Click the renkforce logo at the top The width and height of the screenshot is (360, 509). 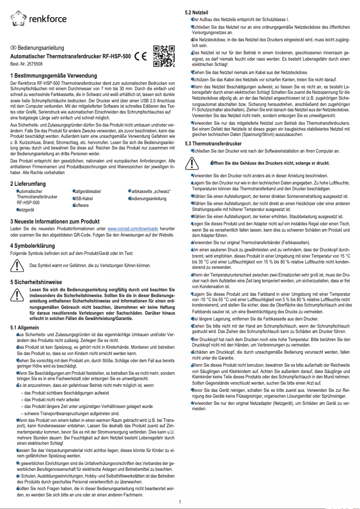click(39, 18)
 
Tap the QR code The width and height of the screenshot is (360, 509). click(163, 56)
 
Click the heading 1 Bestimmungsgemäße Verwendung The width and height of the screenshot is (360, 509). click(54, 75)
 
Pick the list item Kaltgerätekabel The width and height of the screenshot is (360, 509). click(88, 191)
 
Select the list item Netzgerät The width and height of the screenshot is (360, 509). click(26, 210)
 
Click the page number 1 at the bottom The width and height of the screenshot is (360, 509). click(180, 502)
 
